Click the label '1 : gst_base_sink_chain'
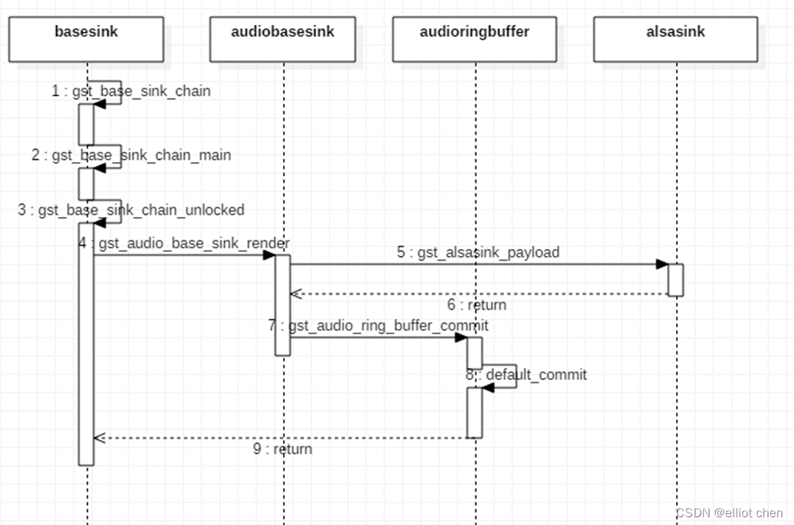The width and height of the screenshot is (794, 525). point(131,92)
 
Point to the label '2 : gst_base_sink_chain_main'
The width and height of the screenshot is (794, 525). point(131,155)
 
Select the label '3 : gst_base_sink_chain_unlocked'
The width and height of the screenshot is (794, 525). point(131,210)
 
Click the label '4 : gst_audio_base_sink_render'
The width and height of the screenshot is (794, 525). point(184,244)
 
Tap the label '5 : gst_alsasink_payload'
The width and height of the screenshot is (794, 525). point(478,253)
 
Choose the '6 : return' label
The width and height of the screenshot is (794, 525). point(476,306)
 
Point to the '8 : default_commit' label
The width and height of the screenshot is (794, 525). point(526,375)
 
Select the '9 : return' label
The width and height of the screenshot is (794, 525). point(282,449)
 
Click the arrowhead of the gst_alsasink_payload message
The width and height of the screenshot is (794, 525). point(661,264)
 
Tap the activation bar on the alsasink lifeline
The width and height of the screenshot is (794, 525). point(675,279)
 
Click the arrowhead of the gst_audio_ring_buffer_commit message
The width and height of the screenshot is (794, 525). point(461,337)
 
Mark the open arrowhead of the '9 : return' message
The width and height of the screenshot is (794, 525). point(98,437)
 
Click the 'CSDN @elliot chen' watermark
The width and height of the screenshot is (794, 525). point(729,513)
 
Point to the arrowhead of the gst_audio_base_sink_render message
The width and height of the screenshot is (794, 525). point(268,255)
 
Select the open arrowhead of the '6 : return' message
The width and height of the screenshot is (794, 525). point(295,294)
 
